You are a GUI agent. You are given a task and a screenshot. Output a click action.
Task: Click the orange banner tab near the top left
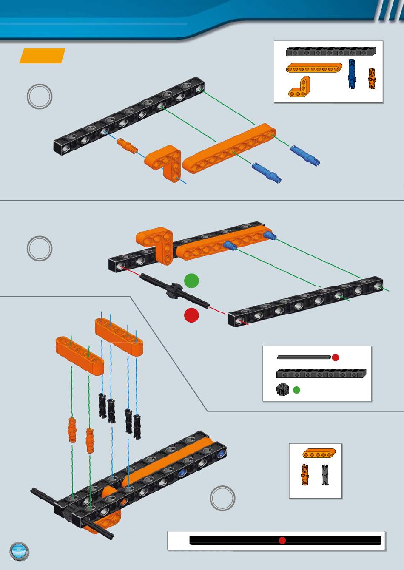[42, 56]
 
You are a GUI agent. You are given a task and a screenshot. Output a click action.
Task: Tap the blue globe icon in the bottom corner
[20, 552]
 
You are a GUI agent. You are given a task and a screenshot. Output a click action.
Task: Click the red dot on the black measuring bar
[282, 540]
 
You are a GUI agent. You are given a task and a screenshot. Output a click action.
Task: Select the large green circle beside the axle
[191, 281]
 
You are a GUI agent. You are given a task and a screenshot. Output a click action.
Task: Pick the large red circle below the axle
[191, 315]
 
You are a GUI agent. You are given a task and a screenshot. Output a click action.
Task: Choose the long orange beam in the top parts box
[314, 68]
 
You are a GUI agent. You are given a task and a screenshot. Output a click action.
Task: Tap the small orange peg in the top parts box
[372, 78]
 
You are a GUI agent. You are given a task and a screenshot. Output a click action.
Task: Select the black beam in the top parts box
[331, 51]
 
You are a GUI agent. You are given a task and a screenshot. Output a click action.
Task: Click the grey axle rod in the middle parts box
[304, 357]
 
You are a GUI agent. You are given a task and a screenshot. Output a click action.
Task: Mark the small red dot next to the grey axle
[336, 357]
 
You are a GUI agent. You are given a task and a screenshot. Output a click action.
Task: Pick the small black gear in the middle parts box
[282, 390]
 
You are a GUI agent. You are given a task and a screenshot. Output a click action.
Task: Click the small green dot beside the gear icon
[297, 390]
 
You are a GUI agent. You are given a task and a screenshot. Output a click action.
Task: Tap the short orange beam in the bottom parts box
[319, 454]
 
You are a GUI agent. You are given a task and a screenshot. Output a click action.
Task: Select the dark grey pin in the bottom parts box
[325, 475]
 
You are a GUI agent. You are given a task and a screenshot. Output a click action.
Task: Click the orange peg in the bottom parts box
[305, 475]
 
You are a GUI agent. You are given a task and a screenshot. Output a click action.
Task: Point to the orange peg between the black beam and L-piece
[128, 145]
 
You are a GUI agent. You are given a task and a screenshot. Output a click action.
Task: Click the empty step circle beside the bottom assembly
[222, 498]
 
